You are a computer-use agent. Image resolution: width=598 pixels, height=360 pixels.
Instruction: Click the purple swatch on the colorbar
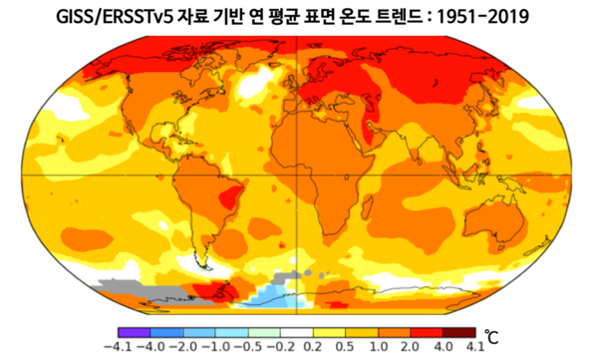(x=132, y=328)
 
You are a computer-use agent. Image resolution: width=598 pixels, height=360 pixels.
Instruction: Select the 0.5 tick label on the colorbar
(x=344, y=346)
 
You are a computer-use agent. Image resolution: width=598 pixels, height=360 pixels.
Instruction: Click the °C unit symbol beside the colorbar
(x=490, y=336)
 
